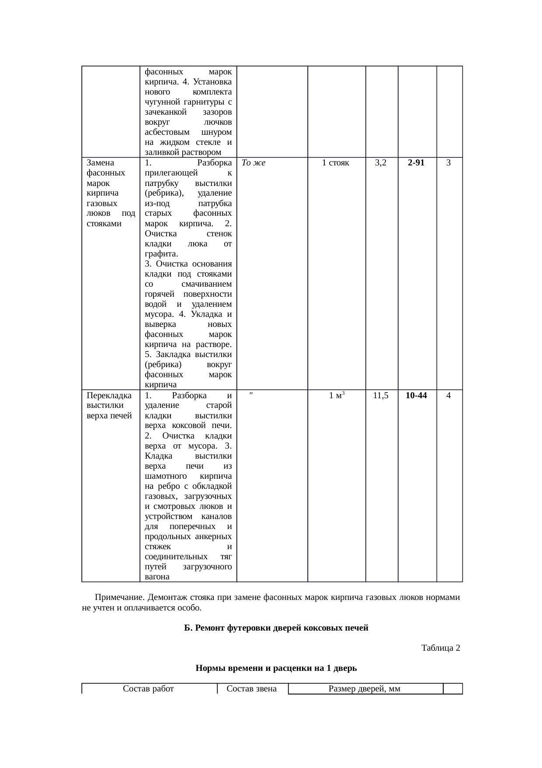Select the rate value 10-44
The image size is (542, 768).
[x=416, y=396]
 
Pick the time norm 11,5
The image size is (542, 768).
[x=381, y=396]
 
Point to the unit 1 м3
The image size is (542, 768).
[x=337, y=396]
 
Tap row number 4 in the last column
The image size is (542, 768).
[x=449, y=396]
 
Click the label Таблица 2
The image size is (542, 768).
[x=440, y=648]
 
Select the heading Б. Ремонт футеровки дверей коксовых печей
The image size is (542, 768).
[x=276, y=628]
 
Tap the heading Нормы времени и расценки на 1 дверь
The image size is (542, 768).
[x=276, y=668]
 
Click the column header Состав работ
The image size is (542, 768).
[x=149, y=688]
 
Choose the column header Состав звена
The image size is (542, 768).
[x=252, y=688]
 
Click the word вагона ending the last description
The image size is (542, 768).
[x=156, y=577]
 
